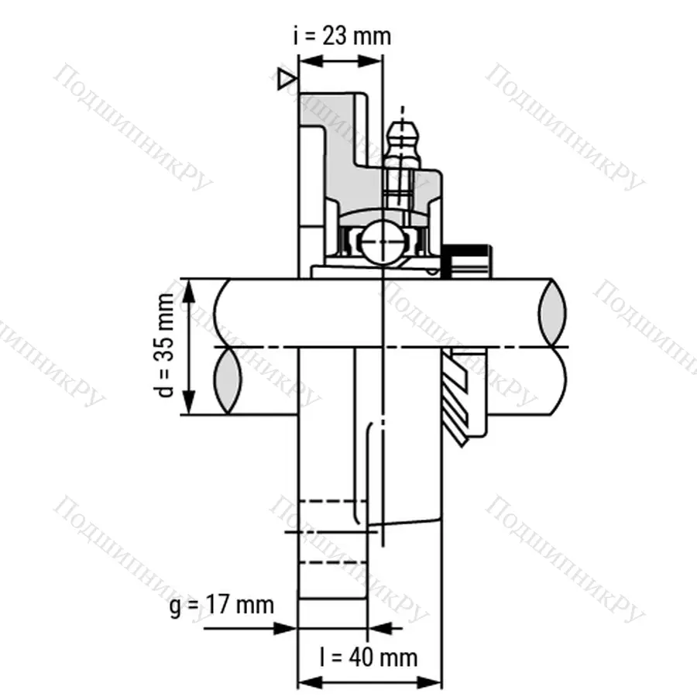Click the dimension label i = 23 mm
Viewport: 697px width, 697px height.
tap(342, 36)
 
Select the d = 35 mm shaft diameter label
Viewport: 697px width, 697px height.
tap(165, 345)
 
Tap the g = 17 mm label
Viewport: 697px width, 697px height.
tap(221, 604)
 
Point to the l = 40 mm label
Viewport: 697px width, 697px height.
tap(369, 658)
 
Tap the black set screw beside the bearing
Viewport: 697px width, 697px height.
tap(466, 260)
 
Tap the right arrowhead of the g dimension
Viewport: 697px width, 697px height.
tap(379, 628)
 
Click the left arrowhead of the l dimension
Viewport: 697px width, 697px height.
tap(307, 684)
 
